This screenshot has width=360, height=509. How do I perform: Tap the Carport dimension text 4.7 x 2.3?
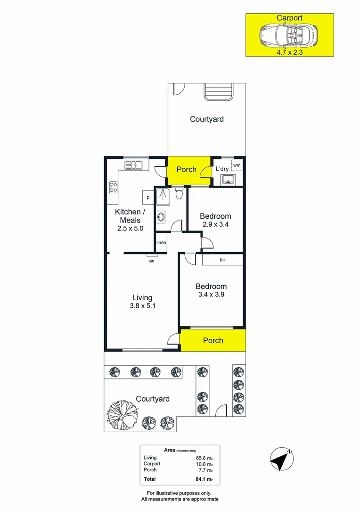(289, 53)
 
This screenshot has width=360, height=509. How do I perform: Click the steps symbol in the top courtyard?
(219, 92)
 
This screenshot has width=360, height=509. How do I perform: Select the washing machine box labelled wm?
(237, 165)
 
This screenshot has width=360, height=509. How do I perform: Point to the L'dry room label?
(222, 169)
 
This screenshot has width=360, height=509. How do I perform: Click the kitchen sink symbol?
(134, 165)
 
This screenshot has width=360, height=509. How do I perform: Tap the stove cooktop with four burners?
(113, 187)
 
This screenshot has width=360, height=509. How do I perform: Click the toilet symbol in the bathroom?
(178, 193)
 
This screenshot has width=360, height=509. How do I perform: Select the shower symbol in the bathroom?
(163, 197)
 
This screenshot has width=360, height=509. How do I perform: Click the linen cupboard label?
(161, 242)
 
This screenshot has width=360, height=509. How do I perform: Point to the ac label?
(152, 261)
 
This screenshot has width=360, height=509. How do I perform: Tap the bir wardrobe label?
(222, 260)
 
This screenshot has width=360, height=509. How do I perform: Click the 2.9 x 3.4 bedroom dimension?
(215, 224)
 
